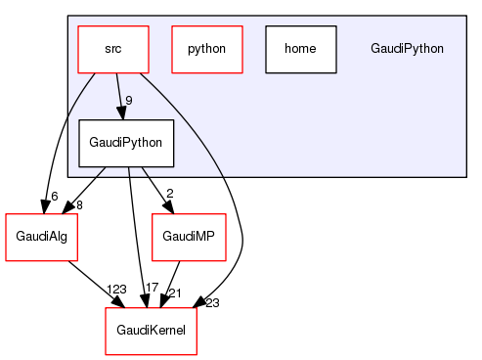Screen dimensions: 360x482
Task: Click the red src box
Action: coord(113,48)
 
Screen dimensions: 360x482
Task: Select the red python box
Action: coord(206,48)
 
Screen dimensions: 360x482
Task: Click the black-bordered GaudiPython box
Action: coord(126,143)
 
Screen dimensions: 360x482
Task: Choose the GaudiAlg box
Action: coord(41,236)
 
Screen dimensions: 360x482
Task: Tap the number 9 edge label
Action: coord(129,100)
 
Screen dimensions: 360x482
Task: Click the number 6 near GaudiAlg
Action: coord(55,197)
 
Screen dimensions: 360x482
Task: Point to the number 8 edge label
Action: coord(78,203)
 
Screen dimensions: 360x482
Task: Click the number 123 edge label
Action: coord(117,290)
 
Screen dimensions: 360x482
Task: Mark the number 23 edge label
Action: coord(212,302)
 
